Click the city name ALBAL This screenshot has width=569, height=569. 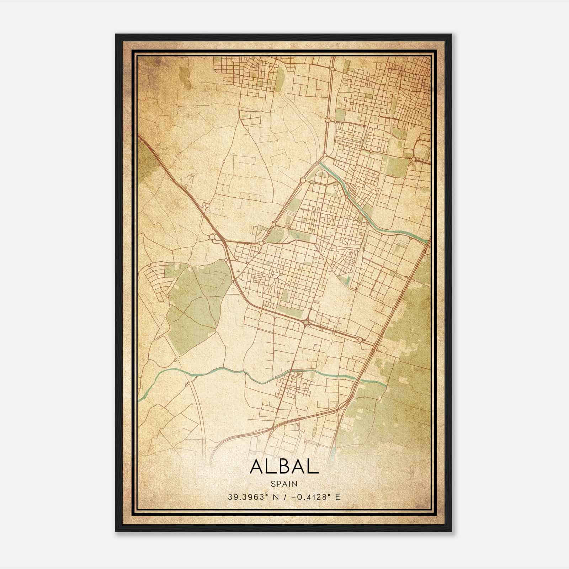tap(284, 467)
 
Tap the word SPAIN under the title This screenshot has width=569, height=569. tap(284, 484)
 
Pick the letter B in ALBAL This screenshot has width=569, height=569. tap(284, 467)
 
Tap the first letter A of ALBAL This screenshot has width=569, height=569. tap(257, 467)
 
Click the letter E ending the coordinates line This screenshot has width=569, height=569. tap(338, 497)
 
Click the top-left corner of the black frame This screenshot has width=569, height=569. tap(116, 35)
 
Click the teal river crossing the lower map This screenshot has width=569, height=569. tap(213, 370)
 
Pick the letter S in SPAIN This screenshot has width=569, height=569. tap(273, 484)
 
